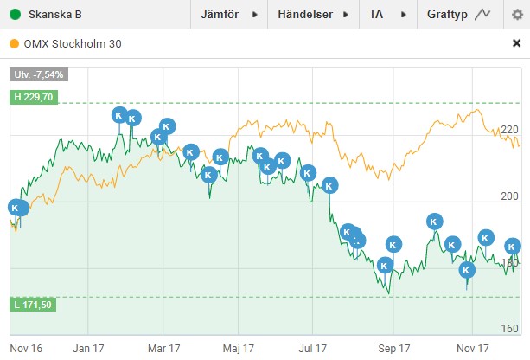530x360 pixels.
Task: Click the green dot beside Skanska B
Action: pyautogui.click(x=16, y=15)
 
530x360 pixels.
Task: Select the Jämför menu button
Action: pyautogui.click(x=229, y=15)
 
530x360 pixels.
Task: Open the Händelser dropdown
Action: pyautogui.click(x=313, y=15)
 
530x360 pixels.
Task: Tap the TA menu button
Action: pyautogui.click(x=387, y=15)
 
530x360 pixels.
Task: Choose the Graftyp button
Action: pyautogui.click(x=460, y=15)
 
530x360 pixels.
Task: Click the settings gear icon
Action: pyautogui.click(x=517, y=15)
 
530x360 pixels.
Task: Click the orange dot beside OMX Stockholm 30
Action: pyautogui.click(x=14, y=43)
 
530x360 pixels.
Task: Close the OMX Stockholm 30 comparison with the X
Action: pyautogui.click(x=516, y=43)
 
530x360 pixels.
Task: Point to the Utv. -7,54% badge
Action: pyautogui.click(x=39, y=74)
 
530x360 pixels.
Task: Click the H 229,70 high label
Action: pyautogui.click(x=34, y=97)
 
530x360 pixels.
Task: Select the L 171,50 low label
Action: pyautogui.click(x=33, y=305)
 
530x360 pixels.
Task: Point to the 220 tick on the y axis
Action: pyautogui.click(x=509, y=130)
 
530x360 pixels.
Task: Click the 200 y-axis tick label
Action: pyautogui.click(x=509, y=196)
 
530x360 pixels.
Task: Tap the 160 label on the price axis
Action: pyautogui.click(x=509, y=328)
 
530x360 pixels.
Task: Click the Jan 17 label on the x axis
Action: pyautogui.click(x=88, y=348)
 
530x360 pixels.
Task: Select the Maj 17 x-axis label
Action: pyautogui.click(x=238, y=348)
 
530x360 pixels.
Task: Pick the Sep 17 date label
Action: pyautogui.click(x=393, y=348)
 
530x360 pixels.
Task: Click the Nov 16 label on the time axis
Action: pyautogui.click(x=26, y=348)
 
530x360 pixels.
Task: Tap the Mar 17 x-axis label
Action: pyautogui.click(x=164, y=348)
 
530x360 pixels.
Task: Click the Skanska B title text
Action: pyautogui.click(x=55, y=15)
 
